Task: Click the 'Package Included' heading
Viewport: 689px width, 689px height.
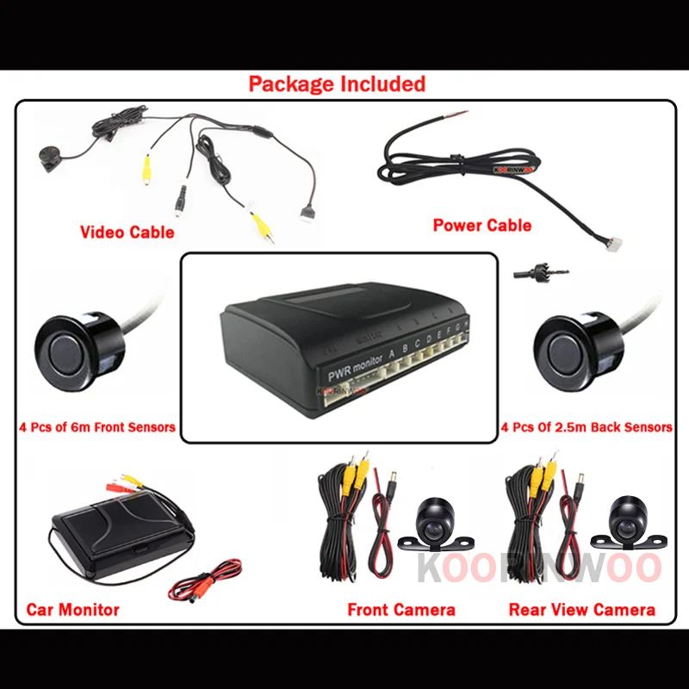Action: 337,84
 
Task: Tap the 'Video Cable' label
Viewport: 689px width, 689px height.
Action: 127,232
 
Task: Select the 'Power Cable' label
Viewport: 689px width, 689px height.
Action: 481,226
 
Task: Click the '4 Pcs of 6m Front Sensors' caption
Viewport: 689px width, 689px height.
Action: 96,426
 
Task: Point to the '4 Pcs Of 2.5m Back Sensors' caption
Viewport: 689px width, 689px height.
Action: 587,427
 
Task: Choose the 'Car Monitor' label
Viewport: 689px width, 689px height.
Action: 72,610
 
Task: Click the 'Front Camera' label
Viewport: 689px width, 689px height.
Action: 401,610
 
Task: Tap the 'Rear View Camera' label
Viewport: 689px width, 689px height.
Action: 581,610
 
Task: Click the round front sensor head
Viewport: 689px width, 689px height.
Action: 67,351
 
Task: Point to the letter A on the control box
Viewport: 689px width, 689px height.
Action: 392,351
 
